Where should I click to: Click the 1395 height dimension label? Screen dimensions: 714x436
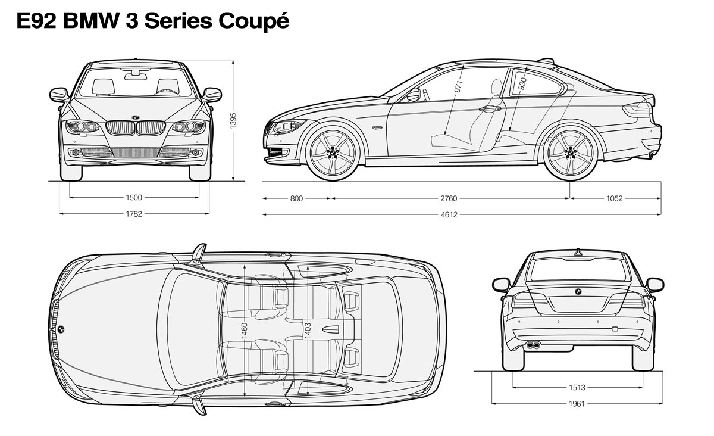(x=233, y=121)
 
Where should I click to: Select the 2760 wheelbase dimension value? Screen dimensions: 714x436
(x=449, y=198)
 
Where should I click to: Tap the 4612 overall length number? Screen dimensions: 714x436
(x=449, y=215)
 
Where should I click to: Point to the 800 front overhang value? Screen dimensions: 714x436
(x=296, y=198)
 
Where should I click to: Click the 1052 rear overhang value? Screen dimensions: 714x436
(x=614, y=198)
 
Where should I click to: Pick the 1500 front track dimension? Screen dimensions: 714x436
(x=134, y=198)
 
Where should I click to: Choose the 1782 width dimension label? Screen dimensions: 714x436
(x=134, y=214)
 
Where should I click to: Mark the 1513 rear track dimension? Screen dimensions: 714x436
(x=577, y=388)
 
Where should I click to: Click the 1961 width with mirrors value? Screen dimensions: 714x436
(x=577, y=404)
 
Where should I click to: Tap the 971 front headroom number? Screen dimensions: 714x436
(x=458, y=87)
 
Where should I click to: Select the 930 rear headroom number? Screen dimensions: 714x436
(x=522, y=83)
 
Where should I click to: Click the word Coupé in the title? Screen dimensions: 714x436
(x=253, y=21)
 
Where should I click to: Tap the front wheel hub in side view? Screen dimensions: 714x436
(x=333, y=152)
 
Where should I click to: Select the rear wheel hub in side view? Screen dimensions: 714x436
(x=571, y=152)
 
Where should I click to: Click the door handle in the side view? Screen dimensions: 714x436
(x=490, y=109)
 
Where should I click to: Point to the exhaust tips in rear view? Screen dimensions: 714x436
(x=533, y=345)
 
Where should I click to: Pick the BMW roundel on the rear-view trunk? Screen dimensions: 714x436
(x=578, y=291)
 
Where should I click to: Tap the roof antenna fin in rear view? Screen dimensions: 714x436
(x=578, y=252)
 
